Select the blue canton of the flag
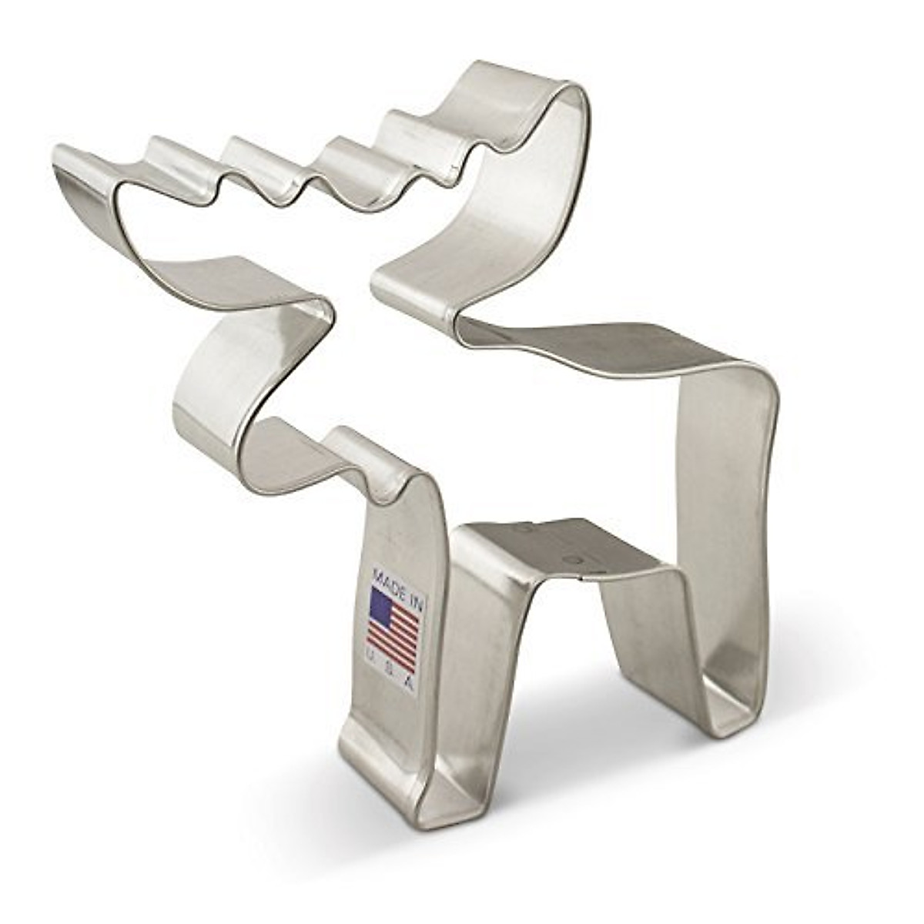pyautogui.click(x=381, y=608)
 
